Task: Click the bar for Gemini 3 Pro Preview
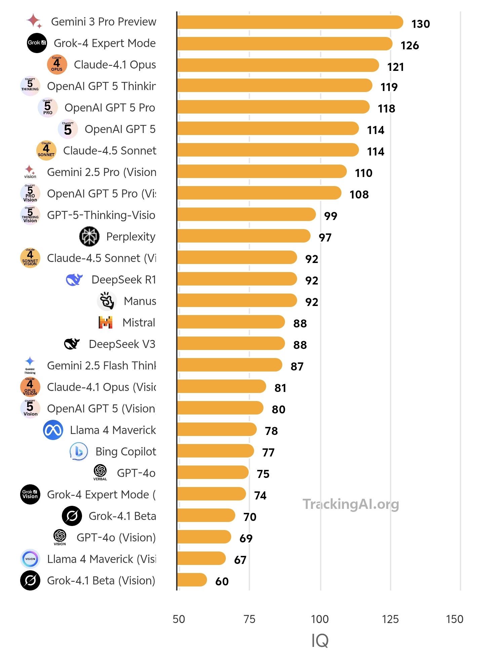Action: click(x=290, y=22)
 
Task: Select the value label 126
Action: click(x=410, y=45)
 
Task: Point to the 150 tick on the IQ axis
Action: click(x=454, y=619)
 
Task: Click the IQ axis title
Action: click(x=320, y=641)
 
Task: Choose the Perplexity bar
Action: click(x=244, y=236)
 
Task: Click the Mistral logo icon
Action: click(x=106, y=322)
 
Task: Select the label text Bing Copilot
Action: click(x=126, y=451)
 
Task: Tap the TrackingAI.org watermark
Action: click(x=351, y=504)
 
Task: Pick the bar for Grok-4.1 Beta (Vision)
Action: click(x=192, y=580)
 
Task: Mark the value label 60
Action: click(x=222, y=581)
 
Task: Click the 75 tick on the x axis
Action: click(x=249, y=619)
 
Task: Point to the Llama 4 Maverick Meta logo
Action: click(x=53, y=430)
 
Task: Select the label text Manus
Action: click(x=140, y=301)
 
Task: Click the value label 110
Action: click(x=364, y=173)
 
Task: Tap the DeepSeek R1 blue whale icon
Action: click(x=74, y=279)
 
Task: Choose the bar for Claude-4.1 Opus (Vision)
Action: click(x=221, y=386)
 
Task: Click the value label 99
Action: click(x=330, y=216)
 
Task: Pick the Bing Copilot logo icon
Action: click(x=79, y=451)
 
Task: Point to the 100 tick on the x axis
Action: click(x=320, y=619)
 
